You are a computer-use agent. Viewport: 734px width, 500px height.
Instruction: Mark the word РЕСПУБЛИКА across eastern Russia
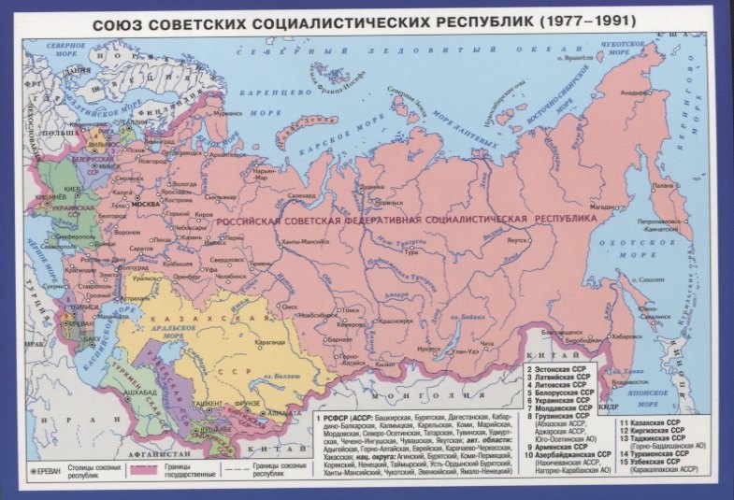tap(565, 218)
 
